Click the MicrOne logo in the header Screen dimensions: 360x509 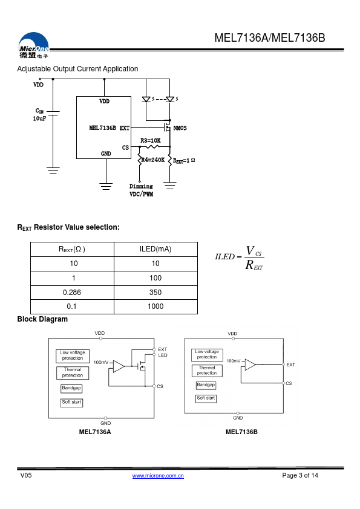point(33,45)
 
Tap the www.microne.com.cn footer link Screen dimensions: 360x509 point(158,476)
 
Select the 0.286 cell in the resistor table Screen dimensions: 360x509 point(72,293)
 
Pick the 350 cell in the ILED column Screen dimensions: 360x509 point(155,293)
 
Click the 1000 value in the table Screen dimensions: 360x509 point(155,306)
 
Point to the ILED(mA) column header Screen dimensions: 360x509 point(155,249)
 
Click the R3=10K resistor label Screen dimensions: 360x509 point(151,141)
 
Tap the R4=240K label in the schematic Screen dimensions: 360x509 point(152,160)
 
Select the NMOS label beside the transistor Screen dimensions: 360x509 point(180,128)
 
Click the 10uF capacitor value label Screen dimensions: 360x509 point(39,118)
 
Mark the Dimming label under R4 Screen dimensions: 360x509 point(141,186)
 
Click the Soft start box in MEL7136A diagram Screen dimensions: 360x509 point(71,403)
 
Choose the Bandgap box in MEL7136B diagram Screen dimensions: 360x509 point(206,385)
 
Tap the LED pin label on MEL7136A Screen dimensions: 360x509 point(163,355)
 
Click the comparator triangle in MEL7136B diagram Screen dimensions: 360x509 point(250,365)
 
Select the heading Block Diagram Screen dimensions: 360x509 point(42,319)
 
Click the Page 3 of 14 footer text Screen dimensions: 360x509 point(300,475)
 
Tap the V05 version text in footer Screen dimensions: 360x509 point(26,475)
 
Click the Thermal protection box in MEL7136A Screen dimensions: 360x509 point(73,372)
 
